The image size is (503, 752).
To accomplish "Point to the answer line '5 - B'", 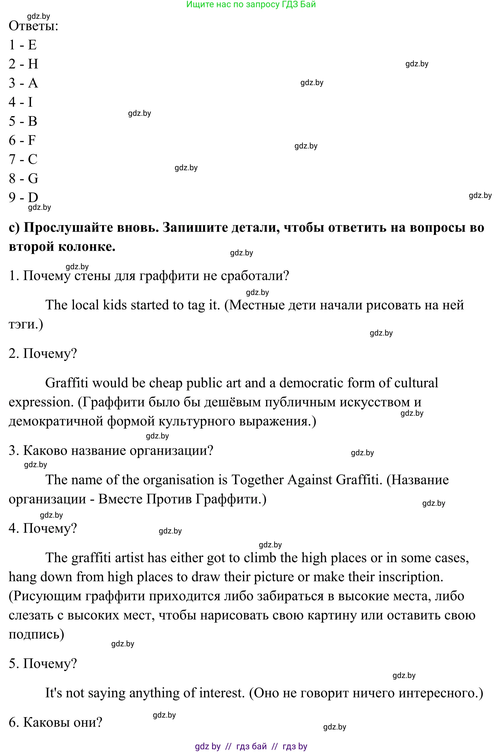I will pyautogui.click(x=23, y=121).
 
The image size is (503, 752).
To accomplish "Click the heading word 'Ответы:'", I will pyautogui.click(x=33, y=26).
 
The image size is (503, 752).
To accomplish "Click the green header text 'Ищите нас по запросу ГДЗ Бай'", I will pyautogui.click(x=251, y=4).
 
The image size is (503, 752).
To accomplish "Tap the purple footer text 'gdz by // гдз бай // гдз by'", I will pyautogui.click(x=251, y=746).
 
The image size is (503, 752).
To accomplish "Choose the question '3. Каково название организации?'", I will pyautogui.click(x=111, y=451).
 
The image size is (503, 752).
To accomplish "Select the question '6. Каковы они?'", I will pyautogui.click(x=55, y=723).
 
